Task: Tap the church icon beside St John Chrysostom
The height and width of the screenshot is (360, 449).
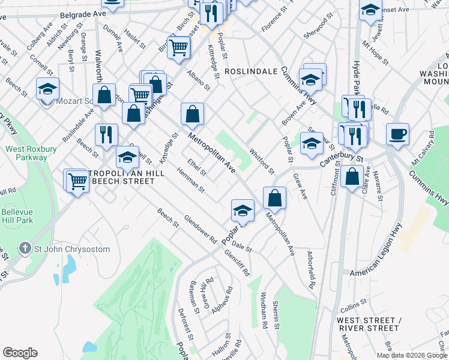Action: point(25,248)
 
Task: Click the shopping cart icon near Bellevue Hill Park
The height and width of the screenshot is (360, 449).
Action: point(77,179)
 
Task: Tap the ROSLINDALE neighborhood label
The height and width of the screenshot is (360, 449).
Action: point(251,71)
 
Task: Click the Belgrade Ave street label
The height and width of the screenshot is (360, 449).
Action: point(83,12)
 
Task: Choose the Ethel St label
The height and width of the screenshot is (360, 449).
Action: point(196,168)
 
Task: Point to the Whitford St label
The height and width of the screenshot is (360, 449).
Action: point(261,161)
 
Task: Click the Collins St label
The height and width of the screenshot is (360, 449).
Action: point(353,305)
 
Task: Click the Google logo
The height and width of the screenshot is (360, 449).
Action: point(20,353)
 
